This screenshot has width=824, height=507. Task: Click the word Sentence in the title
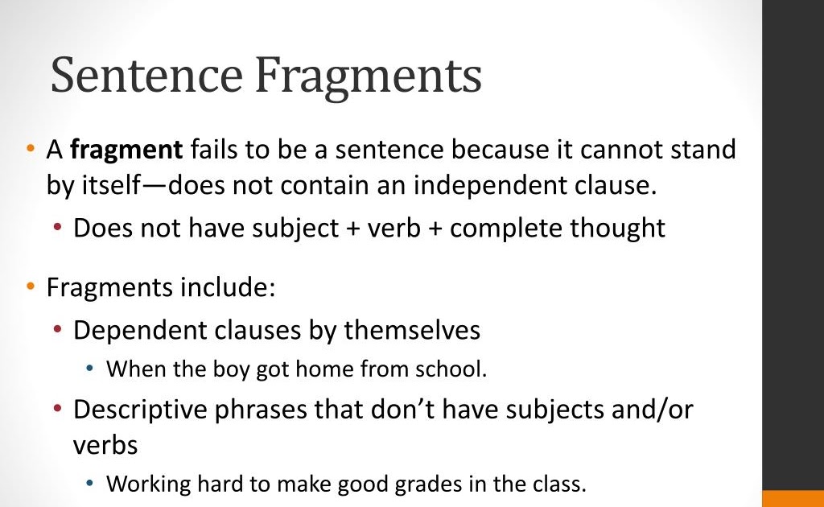point(146,76)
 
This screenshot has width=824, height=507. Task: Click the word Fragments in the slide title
point(368,76)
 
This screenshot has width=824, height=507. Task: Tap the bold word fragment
point(126,150)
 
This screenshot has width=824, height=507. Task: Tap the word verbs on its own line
point(105,444)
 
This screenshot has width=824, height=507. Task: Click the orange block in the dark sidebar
point(793,498)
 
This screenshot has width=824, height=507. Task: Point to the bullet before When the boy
point(91,369)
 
